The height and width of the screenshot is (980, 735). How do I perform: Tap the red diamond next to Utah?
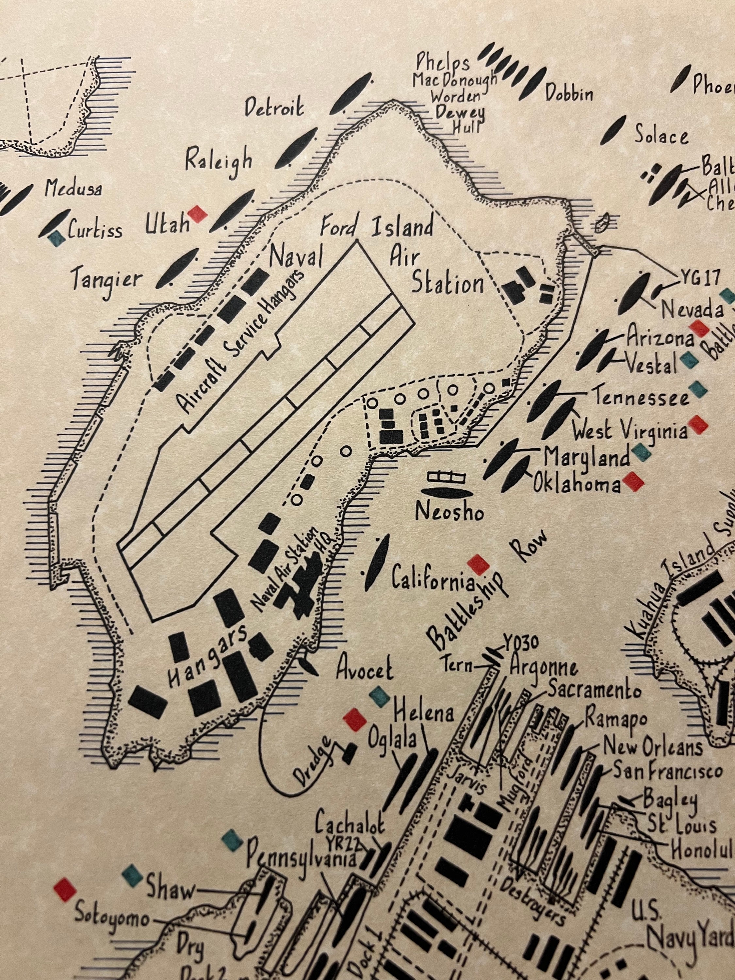pyautogui.click(x=197, y=214)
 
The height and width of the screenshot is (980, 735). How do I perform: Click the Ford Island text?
pyautogui.click(x=377, y=228)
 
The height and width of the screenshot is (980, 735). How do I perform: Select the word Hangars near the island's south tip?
pyautogui.click(x=207, y=658)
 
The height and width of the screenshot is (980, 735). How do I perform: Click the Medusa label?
pyautogui.click(x=73, y=189)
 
